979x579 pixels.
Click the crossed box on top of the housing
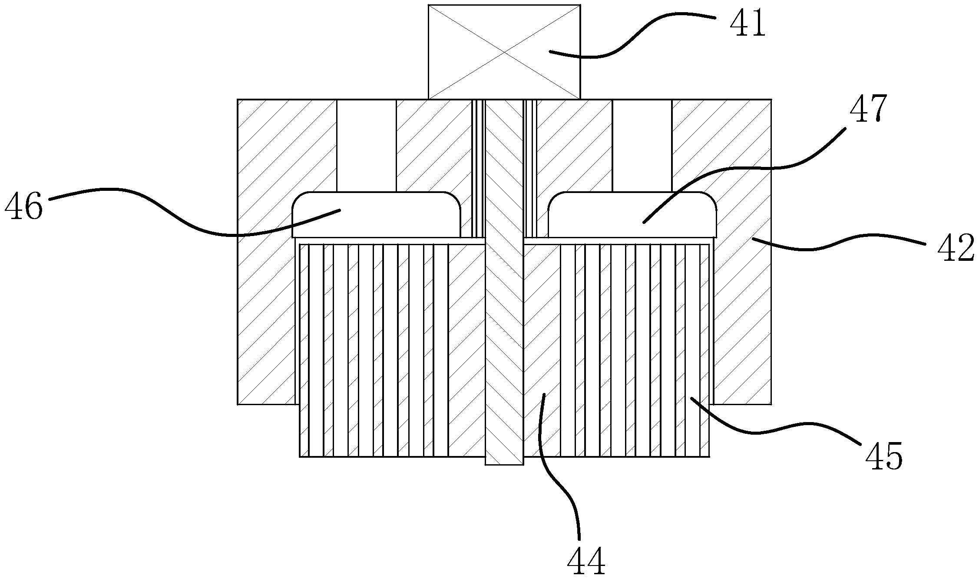coord(504,52)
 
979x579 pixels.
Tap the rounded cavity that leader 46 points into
coord(376,215)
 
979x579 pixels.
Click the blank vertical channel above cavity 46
coord(366,146)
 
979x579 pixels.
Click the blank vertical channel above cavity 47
coord(642,146)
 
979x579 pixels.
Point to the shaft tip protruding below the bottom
coord(504,461)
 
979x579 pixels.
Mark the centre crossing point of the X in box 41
coord(504,52)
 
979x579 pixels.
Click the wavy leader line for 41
coord(630,41)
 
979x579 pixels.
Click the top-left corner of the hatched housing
coord(238,100)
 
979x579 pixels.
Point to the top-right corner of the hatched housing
coord(771,100)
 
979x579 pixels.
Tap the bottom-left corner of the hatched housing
coord(238,404)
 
